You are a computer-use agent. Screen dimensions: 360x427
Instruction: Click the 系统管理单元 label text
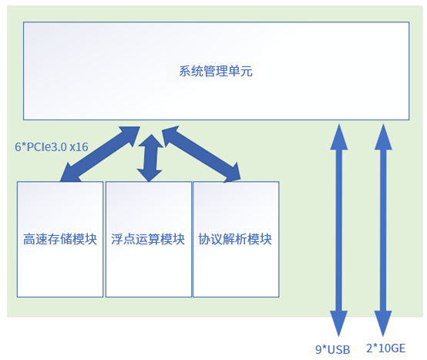tap(216, 72)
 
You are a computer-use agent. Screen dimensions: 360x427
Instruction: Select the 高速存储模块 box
tap(60, 262)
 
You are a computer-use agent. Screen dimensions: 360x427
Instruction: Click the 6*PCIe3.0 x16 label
tap(51, 146)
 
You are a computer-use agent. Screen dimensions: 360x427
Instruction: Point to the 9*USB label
tap(333, 349)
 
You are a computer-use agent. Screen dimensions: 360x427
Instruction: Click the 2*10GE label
tap(385, 349)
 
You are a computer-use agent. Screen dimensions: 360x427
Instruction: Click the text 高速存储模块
tap(60, 239)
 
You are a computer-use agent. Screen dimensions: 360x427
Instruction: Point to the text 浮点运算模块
tap(148, 239)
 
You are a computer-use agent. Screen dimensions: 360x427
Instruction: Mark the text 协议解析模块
tap(236, 239)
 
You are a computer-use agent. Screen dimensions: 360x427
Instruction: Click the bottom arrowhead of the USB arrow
tap(338, 324)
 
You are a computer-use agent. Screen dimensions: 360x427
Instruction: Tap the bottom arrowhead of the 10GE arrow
tap(383, 324)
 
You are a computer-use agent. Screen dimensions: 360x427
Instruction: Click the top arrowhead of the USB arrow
tap(338, 133)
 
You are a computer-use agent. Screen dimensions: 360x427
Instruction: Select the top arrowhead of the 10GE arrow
tap(383, 133)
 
